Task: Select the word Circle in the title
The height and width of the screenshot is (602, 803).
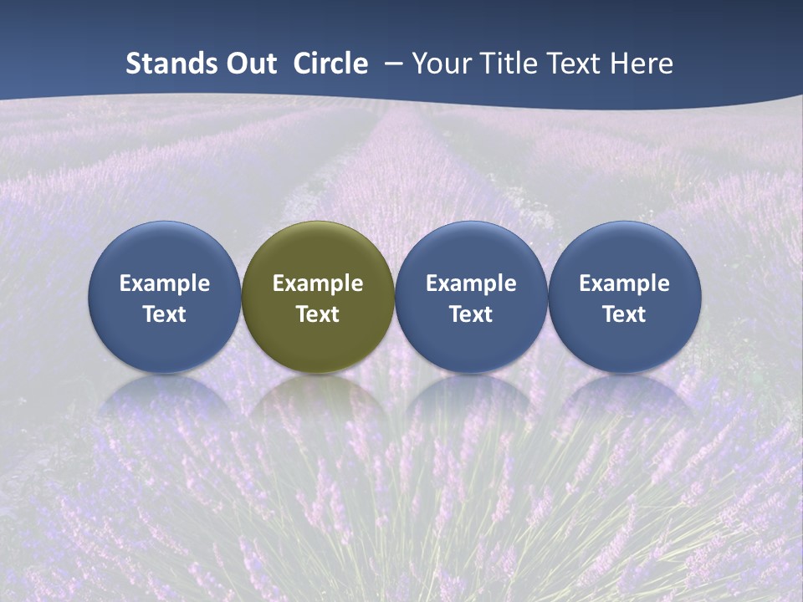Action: click(330, 64)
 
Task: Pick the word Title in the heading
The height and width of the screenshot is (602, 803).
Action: click(510, 64)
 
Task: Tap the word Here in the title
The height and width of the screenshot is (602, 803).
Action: click(641, 64)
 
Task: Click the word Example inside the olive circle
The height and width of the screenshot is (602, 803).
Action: click(318, 284)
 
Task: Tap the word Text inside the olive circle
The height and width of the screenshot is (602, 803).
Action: click(318, 314)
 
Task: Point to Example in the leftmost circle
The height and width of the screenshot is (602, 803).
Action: click(164, 284)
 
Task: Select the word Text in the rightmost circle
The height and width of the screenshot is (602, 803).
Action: click(625, 314)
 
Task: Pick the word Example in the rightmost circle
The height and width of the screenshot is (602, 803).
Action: click(625, 284)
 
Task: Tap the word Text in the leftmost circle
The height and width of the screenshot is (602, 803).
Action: click(164, 314)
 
